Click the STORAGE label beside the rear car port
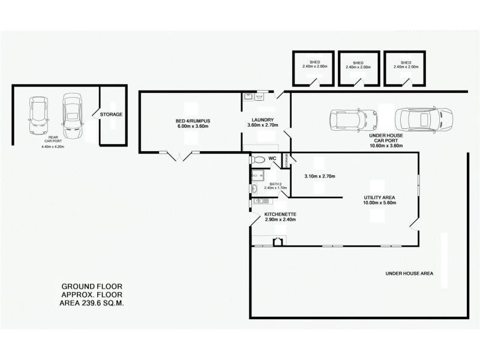tap(111, 114)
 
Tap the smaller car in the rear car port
tap(39, 116)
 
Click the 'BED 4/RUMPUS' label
tap(192, 120)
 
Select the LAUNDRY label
tap(263, 119)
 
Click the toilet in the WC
tap(258, 160)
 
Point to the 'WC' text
tap(272, 159)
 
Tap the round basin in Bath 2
tap(254, 188)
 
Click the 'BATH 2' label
tap(275, 184)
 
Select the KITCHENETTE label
tap(280, 214)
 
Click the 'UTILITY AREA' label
tap(379, 197)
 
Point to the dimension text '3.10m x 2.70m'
tap(319, 176)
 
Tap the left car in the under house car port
tap(353, 119)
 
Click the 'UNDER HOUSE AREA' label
tap(409, 274)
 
